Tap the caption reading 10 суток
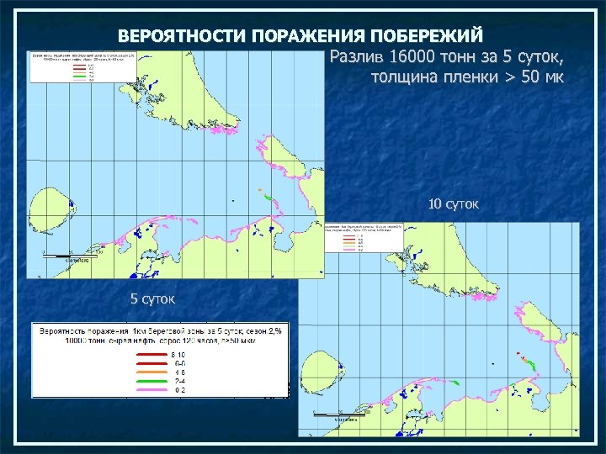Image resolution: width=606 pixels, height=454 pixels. click(453, 204)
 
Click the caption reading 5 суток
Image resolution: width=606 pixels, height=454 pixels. click(152, 298)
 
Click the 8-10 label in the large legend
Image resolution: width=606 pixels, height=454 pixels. click(181, 356)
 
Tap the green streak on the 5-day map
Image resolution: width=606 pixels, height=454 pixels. click(268, 198)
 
